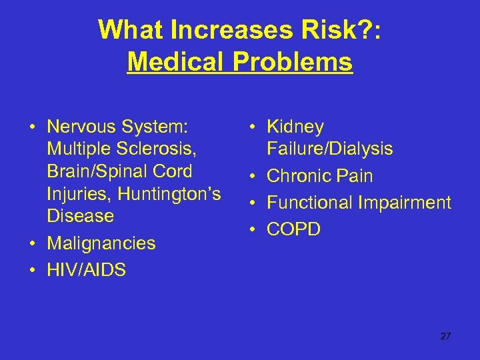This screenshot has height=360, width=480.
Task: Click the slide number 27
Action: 445,336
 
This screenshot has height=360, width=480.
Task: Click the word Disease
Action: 80,217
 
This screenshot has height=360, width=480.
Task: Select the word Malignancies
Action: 101,243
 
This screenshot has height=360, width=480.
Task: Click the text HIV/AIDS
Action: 86,270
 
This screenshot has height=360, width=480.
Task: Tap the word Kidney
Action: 295,127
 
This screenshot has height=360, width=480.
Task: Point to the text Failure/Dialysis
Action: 329,149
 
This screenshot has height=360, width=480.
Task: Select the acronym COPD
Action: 293,229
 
